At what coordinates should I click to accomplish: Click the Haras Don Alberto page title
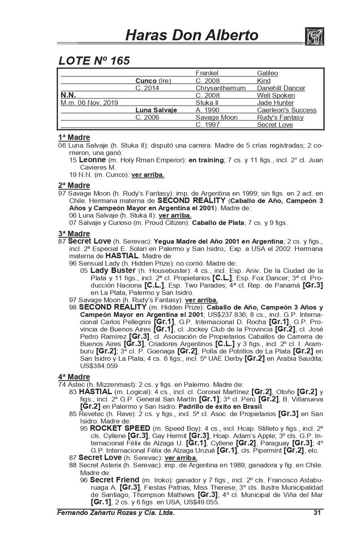(192, 35)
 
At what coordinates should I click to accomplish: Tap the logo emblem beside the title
(314, 36)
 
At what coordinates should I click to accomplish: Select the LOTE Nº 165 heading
(94, 61)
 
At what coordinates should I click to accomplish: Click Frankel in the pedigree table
(207, 73)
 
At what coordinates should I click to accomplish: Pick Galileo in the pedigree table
(267, 73)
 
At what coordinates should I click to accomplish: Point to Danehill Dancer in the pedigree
(281, 88)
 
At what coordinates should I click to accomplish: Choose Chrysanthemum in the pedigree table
(220, 88)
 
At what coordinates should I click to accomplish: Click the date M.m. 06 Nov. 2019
(89, 102)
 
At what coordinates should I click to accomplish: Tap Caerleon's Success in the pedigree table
(286, 110)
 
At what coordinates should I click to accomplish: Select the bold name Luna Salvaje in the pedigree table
(156, 110)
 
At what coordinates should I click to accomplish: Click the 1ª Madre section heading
(74, 137)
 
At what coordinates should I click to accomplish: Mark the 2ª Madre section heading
(74, 186)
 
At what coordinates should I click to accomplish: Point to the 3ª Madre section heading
(74, 234)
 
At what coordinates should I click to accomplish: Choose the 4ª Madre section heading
(74, 377)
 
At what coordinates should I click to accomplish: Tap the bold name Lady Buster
(113, 270)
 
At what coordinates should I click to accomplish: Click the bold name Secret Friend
(114, 480)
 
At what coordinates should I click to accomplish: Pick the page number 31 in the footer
(317, 512)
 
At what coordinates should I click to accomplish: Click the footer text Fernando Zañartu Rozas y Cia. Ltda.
(116, 512)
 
